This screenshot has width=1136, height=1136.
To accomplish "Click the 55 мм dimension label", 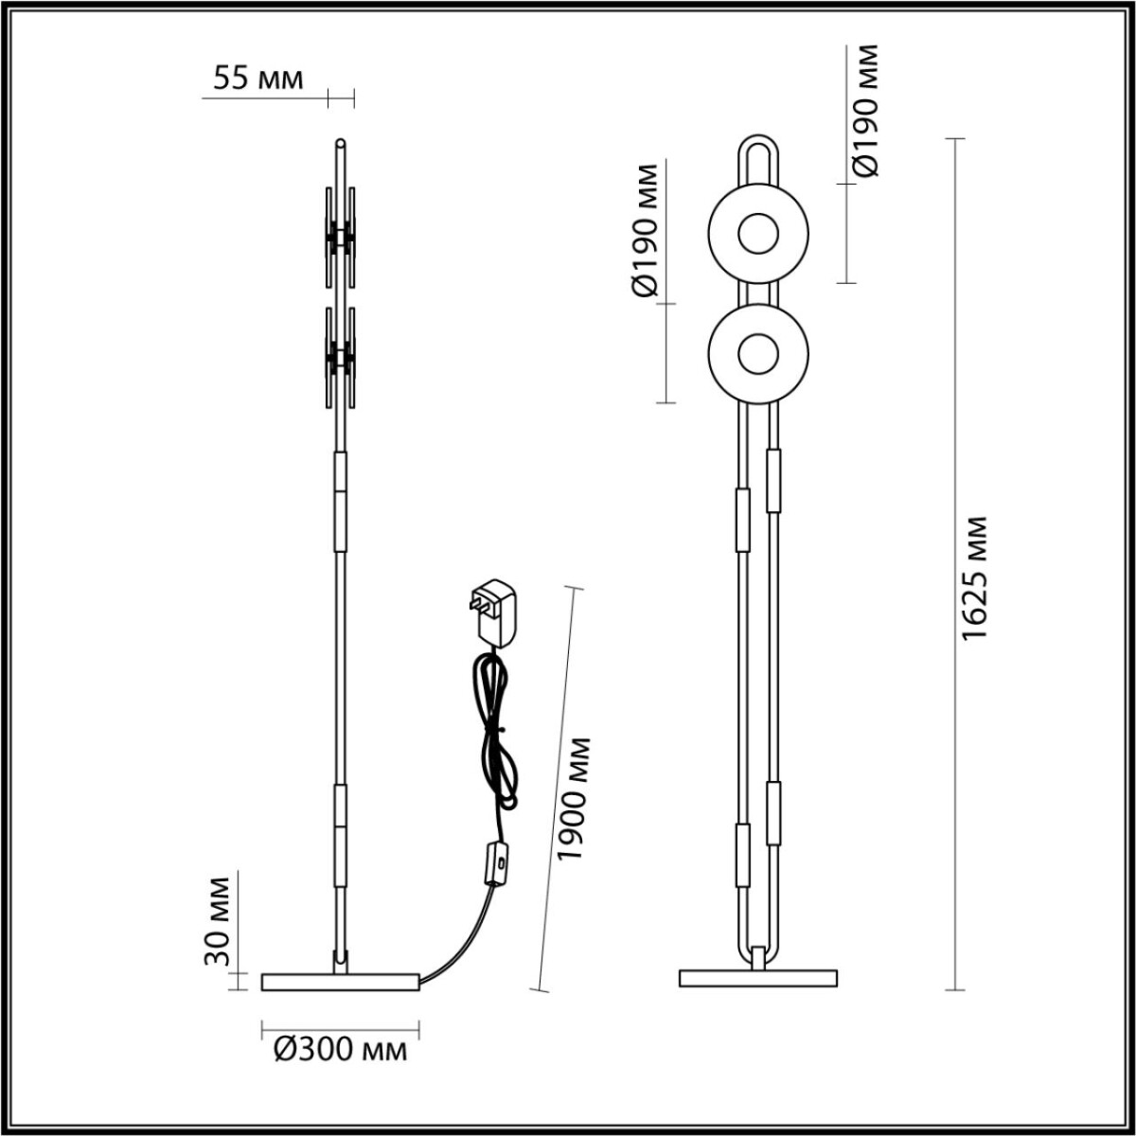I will pos(257,79).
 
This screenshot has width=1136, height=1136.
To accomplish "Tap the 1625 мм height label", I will pos(974,577).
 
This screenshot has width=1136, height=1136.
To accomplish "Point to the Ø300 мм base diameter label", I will pos(340,1049).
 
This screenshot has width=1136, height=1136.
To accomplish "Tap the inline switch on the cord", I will pos(495,863).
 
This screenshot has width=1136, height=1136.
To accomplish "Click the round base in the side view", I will pos(340,982).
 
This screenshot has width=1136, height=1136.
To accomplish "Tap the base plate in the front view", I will pos(758,978).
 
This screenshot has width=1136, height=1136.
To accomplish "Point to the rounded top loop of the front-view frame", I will pos(758,151).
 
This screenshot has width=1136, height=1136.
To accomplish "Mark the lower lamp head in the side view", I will pos(340,358).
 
